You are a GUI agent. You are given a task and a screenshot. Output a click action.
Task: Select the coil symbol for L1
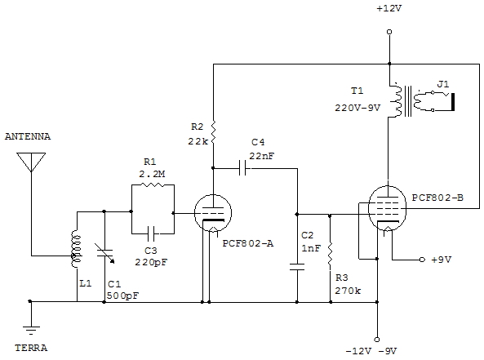pyautogui.click(x=76, y=249)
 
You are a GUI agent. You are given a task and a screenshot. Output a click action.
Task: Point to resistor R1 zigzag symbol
pyautogui.click(x=153, y=185)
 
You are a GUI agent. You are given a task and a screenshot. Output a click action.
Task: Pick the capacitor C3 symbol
pyautogui.click(x=152, y=233)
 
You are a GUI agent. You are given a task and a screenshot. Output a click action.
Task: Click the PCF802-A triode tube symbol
pyautogui.click(x=213, y=213)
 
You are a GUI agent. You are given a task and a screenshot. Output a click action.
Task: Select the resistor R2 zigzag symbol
pyautogui.click(x=213, y=133)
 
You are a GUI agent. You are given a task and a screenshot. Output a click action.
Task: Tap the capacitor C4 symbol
pyautogui.click(x=243, y=169)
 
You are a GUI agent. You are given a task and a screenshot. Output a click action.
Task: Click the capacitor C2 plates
pyautogui.click(x=297, y=267)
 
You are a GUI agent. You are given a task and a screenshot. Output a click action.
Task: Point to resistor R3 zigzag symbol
pyautogui.click(x=330, y=254)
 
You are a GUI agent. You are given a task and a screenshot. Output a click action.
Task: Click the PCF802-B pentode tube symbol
pyautogui.click(x=388, y=209)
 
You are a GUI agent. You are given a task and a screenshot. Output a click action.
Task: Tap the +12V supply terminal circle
pyautogui.click(x=389, y=32)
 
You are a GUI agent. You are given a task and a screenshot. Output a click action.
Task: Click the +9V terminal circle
pyautogui.click(x=422, y=260)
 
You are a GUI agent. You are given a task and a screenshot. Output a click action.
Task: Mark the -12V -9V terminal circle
pyautogui.click(x=377, y=340)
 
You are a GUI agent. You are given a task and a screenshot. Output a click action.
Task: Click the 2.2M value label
pyautogui.click(x=152, y=174)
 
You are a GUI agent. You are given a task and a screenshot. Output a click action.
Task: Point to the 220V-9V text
pyautogui.click(x=357, y=108)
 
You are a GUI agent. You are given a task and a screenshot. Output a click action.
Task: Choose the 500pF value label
pyautogui.click(x=123, y=296)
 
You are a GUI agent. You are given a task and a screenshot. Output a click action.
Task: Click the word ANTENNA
pyautogui.click(x=28, y=136)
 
